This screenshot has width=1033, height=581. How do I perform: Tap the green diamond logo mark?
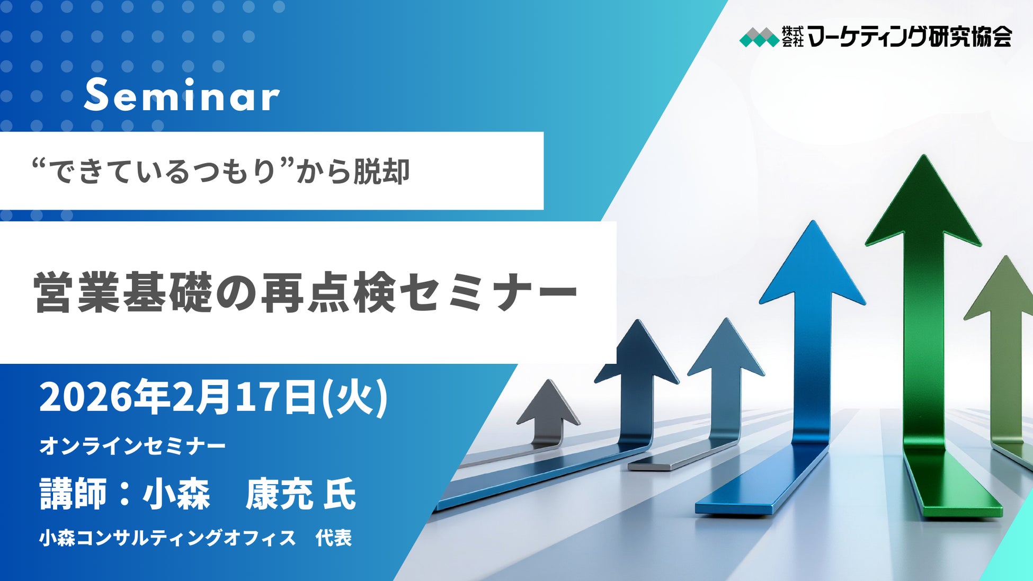click(759, 37)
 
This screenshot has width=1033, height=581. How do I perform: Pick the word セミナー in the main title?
click(487, 292)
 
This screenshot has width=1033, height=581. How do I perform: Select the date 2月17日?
click(245, 397)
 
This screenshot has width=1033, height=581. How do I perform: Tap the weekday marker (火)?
click(355, 397)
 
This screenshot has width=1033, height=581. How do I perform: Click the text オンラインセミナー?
click(132, 446)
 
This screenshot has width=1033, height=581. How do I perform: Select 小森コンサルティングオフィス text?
click(167, 538)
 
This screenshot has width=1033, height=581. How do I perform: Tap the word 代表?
click(334, 538)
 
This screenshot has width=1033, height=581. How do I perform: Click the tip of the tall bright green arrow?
click(924, 155)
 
